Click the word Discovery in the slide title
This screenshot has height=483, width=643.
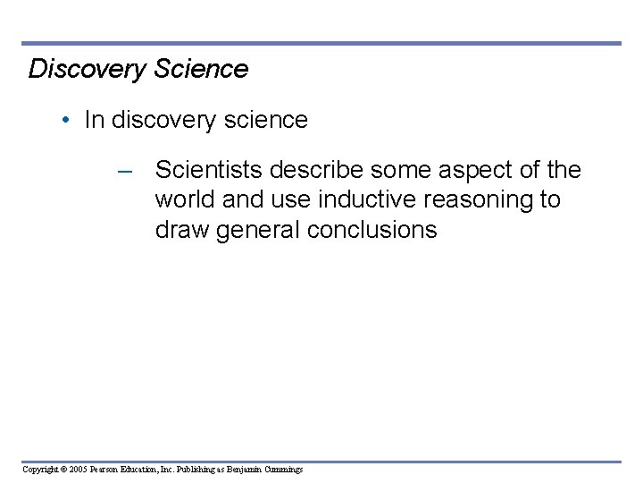(85, 69)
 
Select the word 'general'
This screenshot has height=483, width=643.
(260, 230)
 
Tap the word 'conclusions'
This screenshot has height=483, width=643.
(372, 230)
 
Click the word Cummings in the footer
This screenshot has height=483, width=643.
(282, 469)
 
